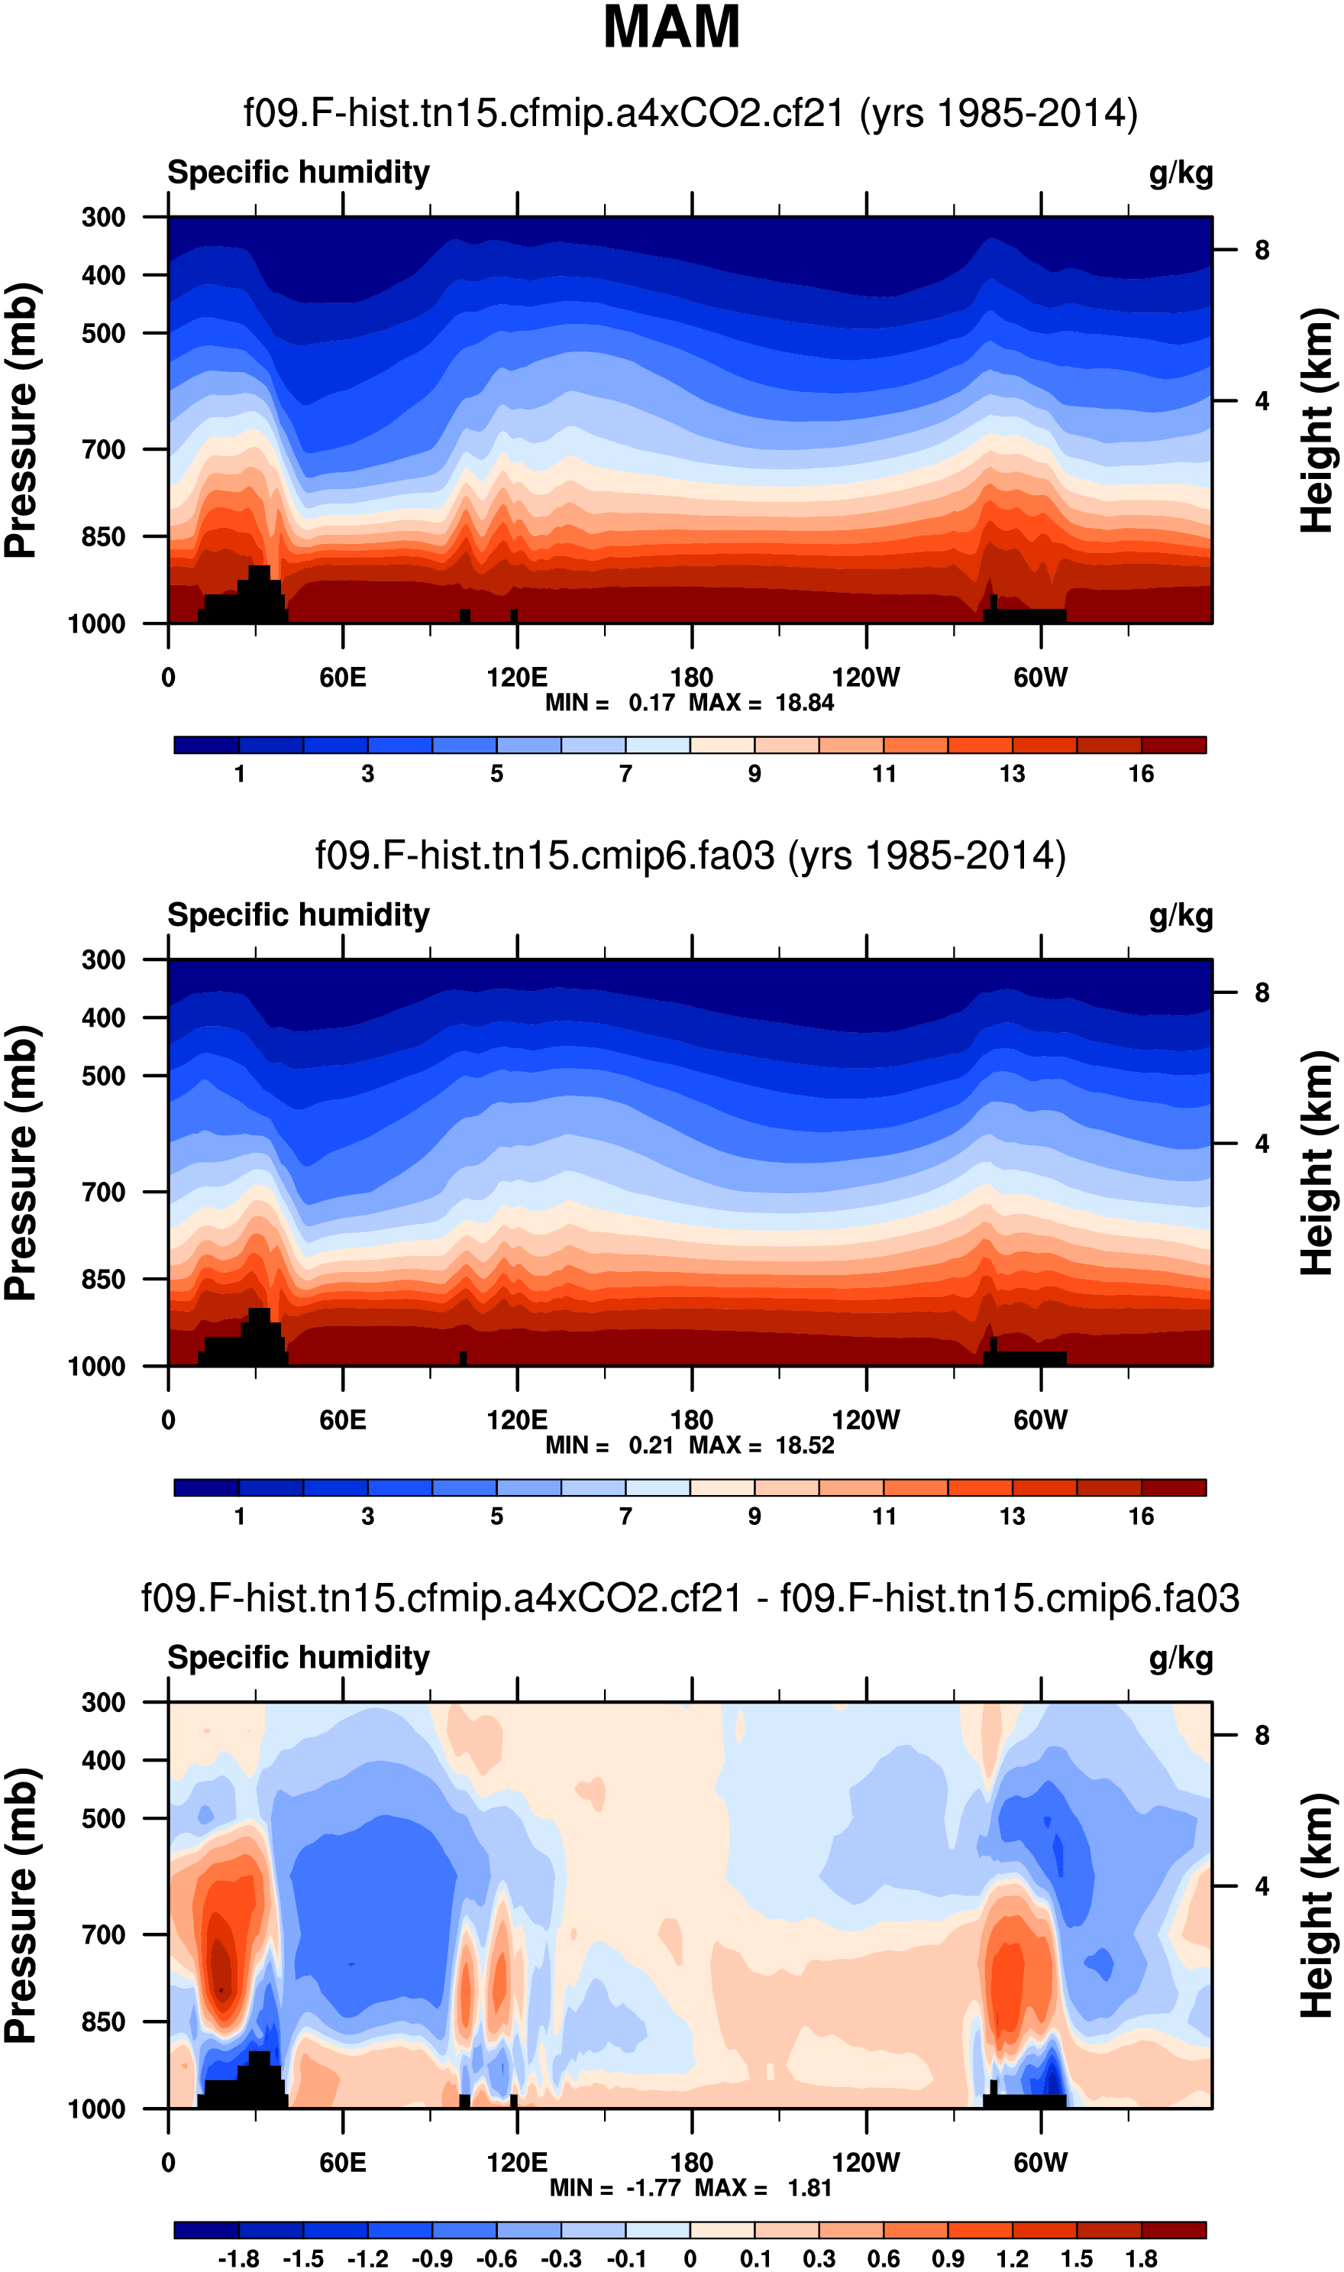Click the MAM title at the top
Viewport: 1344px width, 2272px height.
coord(671,28)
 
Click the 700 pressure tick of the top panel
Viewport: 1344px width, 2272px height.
coord(103,449)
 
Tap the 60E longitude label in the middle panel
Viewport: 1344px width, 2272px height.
coord(342,1419)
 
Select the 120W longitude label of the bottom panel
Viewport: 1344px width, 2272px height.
coord(866,2163)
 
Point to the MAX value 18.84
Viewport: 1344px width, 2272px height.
coord(804,703)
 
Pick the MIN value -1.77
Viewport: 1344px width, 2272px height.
coord(653,2188)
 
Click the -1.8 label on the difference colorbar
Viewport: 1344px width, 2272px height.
coord(238,2258)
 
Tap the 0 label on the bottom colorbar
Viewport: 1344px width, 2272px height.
coord(690,2258)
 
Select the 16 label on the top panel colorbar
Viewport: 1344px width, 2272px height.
coord(1141,774)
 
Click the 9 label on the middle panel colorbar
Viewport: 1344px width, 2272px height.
coord(754,1516)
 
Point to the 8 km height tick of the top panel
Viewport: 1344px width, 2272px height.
coord(1262,250)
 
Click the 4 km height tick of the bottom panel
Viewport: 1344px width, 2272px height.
coord(1262,1886)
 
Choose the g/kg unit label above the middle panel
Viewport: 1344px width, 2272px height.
coord(1180,916)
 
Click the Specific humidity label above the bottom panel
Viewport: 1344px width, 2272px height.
coord(298,1658)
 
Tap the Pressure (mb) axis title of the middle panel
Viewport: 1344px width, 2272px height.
coord(21,1164)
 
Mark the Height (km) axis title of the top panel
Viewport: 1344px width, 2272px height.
coord(1318,420)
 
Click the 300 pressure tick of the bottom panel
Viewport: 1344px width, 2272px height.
coord(103,1702)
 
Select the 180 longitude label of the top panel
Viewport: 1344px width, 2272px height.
coord(691,678)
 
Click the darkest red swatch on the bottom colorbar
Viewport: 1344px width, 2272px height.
coord(1174,2230)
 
